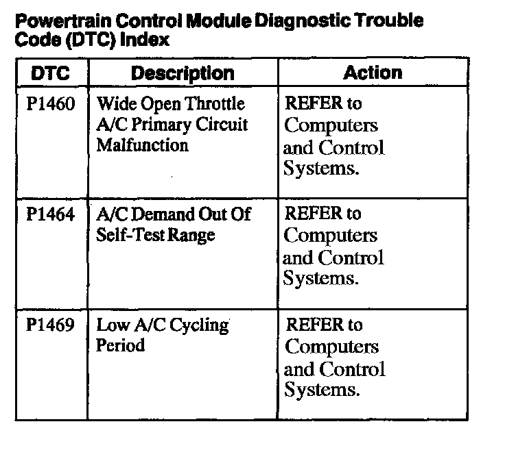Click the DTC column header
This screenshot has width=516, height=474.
51,73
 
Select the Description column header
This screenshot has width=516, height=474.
183,73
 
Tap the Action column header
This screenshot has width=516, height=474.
373,73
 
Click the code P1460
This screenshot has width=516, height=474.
51,105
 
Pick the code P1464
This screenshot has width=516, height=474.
51,214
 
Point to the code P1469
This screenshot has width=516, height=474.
51,325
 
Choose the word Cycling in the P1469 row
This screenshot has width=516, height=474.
199,325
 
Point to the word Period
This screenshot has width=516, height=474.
120,346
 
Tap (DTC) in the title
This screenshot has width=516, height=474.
93,39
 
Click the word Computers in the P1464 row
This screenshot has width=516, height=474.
331,236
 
